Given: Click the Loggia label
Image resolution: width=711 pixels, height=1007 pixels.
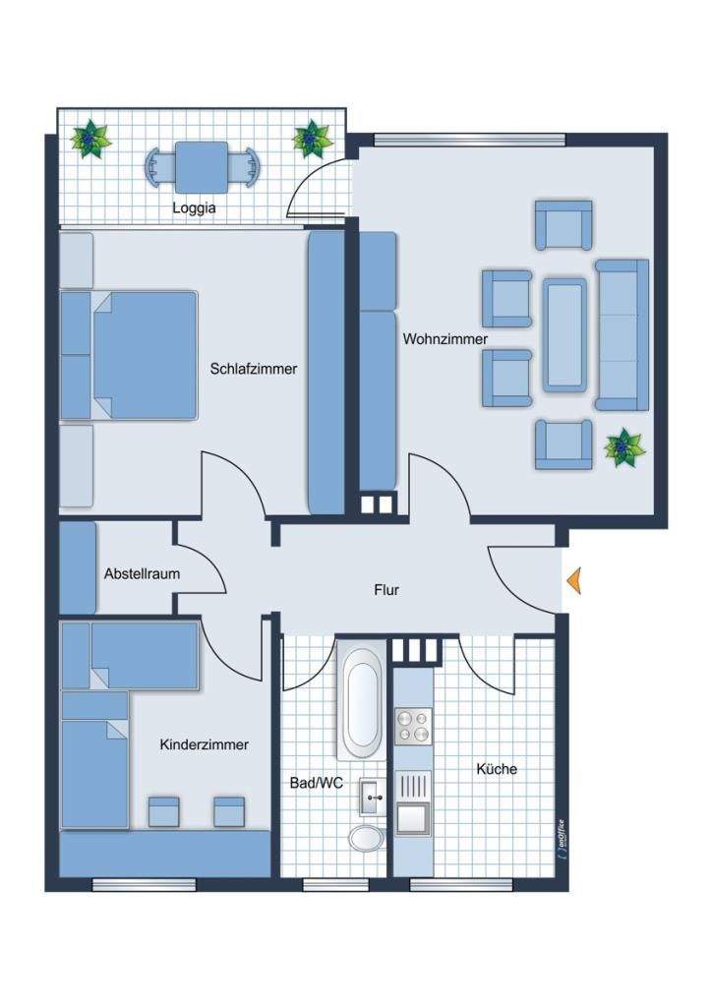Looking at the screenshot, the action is click(x=194, y=208).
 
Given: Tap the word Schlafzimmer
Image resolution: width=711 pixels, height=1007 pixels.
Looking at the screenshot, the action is click(x=254, y=369).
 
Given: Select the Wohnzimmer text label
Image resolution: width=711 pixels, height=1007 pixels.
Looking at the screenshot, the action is click(x=445, y=338).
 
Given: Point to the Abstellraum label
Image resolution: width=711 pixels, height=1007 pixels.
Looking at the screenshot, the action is click(x=142, y=573).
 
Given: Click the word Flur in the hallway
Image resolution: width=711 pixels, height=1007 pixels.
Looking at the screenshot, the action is click(x=386, y=590).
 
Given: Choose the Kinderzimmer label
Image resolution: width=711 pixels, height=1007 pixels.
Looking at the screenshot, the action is click(x=205, y=744).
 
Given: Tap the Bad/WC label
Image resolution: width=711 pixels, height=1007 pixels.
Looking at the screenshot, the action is click(x=317, y=783).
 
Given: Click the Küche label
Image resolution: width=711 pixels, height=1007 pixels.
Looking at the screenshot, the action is click(x=497, y=769).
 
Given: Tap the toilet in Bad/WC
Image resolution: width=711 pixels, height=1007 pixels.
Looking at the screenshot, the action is click(x=367, y=838).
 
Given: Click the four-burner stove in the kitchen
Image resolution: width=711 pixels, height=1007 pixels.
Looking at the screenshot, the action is click(x=413, y=727).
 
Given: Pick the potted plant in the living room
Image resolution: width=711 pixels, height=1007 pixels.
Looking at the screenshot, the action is click(x=623, y=447).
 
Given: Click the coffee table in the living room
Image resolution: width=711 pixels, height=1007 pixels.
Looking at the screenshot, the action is click(x=564, y=334).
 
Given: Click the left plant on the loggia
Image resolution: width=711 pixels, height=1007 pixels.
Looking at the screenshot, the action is click(x=90, y=139).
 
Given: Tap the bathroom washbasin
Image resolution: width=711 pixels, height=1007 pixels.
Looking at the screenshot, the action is click(x=373, y=797).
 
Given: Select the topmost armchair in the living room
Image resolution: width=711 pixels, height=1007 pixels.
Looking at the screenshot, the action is click(x=563, y=224).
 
